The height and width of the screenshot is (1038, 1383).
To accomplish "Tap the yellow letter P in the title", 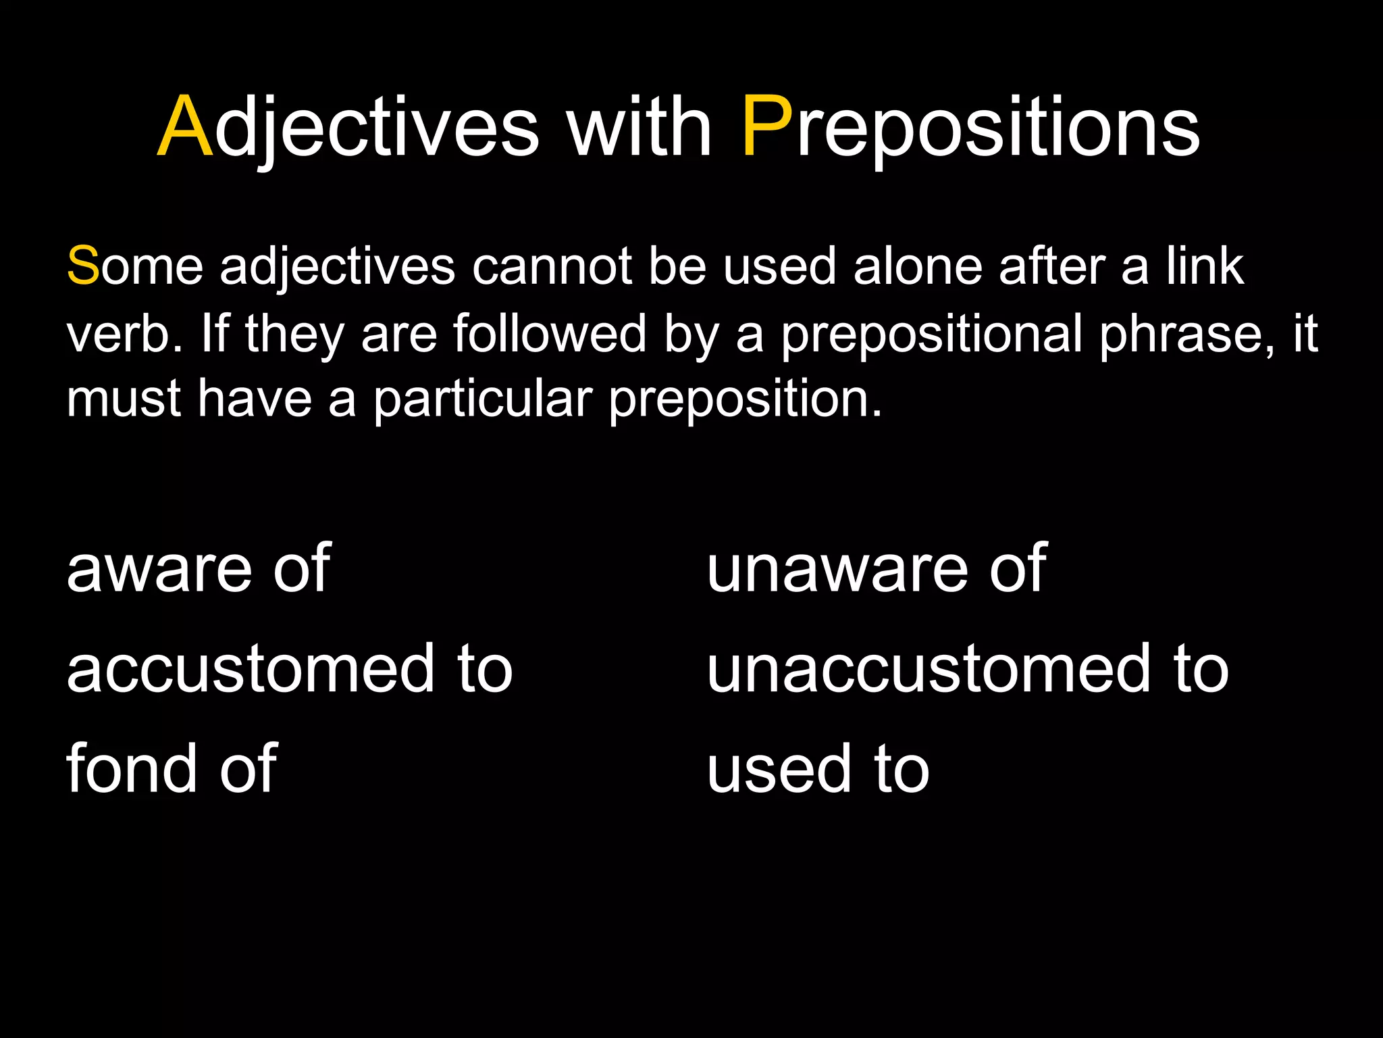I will tap(766, 127).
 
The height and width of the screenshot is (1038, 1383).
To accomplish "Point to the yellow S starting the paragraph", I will tap(83, 266).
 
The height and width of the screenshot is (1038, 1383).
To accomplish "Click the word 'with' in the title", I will tap(639, 127).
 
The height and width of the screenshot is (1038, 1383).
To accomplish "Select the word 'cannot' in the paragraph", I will tap(551, 266).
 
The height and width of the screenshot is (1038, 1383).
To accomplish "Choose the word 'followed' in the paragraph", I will tap(550, 333).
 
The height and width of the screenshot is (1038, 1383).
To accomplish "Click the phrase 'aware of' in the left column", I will tap(199, 569).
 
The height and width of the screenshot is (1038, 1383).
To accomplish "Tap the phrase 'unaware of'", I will tap(876, 569).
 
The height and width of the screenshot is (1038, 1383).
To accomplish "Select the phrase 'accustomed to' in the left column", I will tap(290, 669).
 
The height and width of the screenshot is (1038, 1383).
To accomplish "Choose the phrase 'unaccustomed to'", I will tap(967, 669).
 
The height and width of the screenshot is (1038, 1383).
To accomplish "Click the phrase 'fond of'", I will tap(172, 768).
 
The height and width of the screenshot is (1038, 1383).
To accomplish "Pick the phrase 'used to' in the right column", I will tap(818, 770).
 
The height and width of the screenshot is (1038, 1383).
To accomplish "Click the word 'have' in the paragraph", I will tap(255, 399).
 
